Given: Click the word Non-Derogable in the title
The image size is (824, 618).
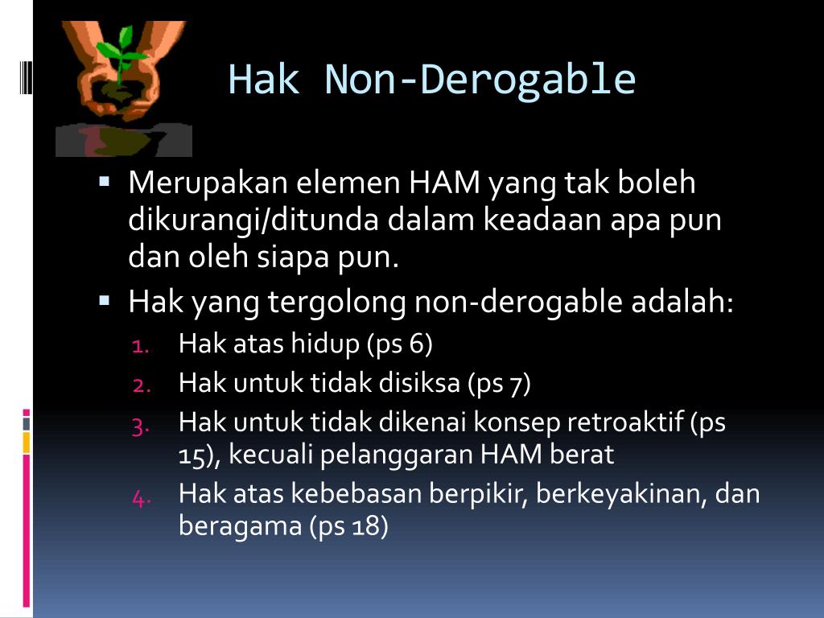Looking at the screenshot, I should click(480, 80).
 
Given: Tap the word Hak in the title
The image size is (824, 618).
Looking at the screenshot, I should click(264, 80).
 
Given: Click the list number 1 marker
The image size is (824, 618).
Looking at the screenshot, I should click(141, 347).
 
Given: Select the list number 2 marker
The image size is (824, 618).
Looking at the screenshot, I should click(141, 385).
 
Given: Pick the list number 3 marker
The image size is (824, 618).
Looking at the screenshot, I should click(141, 424).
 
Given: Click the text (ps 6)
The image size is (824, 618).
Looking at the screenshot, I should click(399, 345).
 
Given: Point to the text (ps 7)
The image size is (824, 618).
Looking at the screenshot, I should click(499, 384).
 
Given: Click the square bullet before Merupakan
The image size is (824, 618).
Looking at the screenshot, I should click(105, 183).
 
